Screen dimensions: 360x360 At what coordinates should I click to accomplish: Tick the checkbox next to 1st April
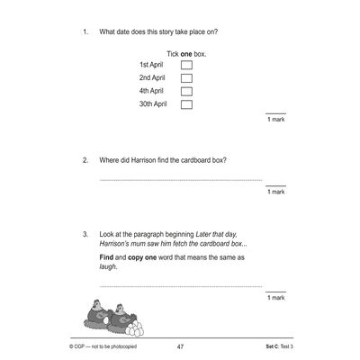pyautogui.click(x=186, y=66)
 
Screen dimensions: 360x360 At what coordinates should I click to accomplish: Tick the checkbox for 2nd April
pyautogui.click(x=186, y=78)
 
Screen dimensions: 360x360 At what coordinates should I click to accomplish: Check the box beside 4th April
pyautogui.click(x=186, y=91)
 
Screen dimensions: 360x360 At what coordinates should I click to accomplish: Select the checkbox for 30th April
pyautogui.click(x=186, y=104)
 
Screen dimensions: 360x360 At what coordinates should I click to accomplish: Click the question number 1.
pyautogui.click(x=85, y=32)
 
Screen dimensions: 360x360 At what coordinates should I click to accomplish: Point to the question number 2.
pyautogui.click(x=85, y=161)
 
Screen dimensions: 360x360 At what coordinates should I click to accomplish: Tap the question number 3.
pyautogui.click(x=85, y=234)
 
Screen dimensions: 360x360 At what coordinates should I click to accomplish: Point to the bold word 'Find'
pyautogui.click(x=107, y=256)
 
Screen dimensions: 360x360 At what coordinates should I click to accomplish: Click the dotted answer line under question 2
pyautogui.click(x=180, y=181)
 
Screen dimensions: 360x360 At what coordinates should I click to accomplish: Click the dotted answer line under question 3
pyautogui.click(x=180, y=286)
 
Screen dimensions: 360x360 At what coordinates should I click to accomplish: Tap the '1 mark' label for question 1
pyautogui.click(x=275, y=120)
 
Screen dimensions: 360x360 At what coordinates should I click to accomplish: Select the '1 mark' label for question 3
pyautogui.click(x=275, y=297)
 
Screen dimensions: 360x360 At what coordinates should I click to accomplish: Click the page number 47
pyautogui.click(x=180, y=345)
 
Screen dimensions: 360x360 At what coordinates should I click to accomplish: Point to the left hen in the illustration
pyautogui.click(x=94, y=311)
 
